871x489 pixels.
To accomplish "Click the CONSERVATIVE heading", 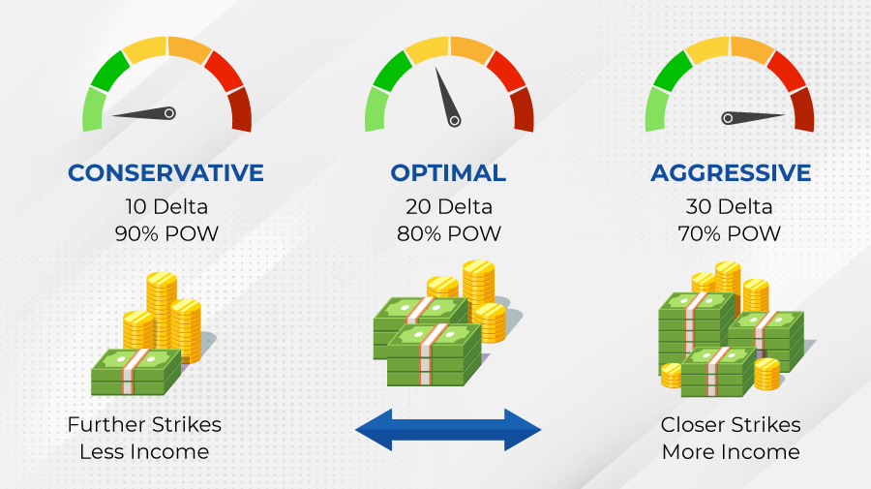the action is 165,172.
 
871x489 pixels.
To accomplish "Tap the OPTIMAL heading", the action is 448,172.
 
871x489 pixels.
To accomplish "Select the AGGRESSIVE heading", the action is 731,172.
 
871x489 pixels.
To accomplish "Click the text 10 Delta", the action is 166,206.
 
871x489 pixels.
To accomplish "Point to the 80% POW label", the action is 449,233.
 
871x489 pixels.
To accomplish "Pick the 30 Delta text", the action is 730,206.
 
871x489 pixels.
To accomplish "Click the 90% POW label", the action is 166,233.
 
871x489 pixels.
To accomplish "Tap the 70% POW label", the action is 730,233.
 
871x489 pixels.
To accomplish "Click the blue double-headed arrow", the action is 448,430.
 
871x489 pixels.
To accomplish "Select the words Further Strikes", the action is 144,424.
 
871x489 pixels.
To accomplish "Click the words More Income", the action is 731,452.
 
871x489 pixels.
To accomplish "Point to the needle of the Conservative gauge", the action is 144,114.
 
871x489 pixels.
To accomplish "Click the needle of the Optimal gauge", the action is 446,96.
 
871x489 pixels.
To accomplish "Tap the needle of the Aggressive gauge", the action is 753,118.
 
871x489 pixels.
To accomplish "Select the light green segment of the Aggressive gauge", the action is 656,110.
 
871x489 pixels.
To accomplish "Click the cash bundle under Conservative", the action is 136,372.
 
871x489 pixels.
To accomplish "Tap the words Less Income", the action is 144,452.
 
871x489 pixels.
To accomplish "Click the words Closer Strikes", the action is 731,424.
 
